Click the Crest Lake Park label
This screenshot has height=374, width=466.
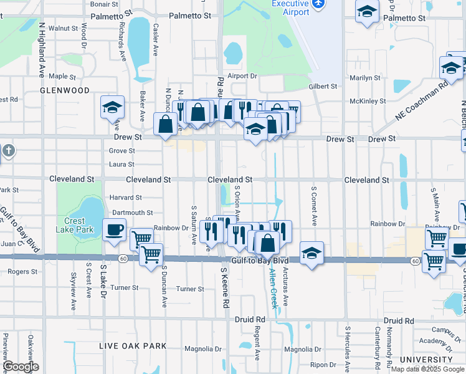click(x=78, y=225)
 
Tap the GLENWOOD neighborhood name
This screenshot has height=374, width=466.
click(x=65, y=90)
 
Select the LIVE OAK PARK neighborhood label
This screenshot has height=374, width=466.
click(x=133, y=346)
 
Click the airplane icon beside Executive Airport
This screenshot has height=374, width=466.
click(x=319, y=4)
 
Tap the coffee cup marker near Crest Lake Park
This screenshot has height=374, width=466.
click(x=114, y=229)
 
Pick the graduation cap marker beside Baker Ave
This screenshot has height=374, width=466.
click(x=112, y=107)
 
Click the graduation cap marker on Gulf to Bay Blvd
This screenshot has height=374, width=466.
click(x=311, y=253)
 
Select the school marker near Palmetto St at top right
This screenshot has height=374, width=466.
click(x=368, y=11)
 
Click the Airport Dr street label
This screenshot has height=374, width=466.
click(x=242, y=76)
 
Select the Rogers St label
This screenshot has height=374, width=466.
click(x=23, y=271)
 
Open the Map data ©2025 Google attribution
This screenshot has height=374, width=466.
click(x=427, y=369)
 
